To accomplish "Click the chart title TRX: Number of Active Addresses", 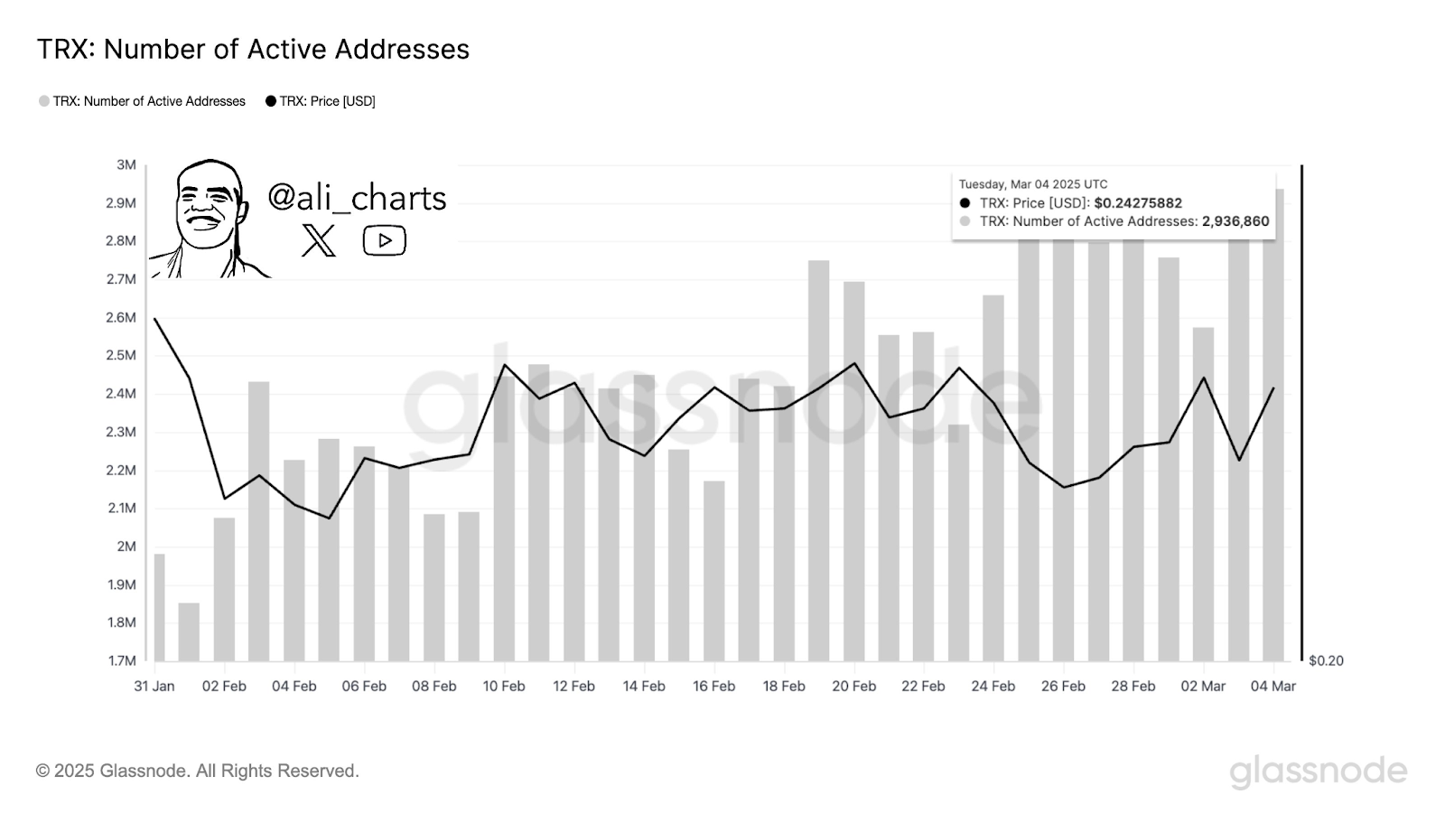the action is click(253, 50).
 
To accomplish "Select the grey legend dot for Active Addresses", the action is click(44, 101).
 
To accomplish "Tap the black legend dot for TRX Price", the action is click(271, 101).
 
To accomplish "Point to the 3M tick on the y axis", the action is click(126, 165).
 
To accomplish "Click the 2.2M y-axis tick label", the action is click(121, 471).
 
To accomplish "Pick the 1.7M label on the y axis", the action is click(122, 660).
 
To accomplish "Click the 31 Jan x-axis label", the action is click(154, 687).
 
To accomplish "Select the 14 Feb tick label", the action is click(644, 687).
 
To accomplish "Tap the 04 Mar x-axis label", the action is click(1273, 687).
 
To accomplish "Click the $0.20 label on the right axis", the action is click(1327, 660).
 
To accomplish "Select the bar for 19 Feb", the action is click(818, 461).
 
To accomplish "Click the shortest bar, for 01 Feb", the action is click(189, 631).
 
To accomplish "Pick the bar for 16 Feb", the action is click(714, 571).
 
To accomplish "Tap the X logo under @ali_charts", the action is click(319, 240).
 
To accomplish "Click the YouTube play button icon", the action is click(385, 240).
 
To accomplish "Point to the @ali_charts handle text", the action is click(357, 198).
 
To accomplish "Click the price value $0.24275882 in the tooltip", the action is click(1139, 203).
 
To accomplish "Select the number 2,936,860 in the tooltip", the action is click(1235, 221).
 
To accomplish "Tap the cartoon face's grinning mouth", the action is click(202, 222).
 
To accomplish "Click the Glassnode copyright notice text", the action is click(198, 771).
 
